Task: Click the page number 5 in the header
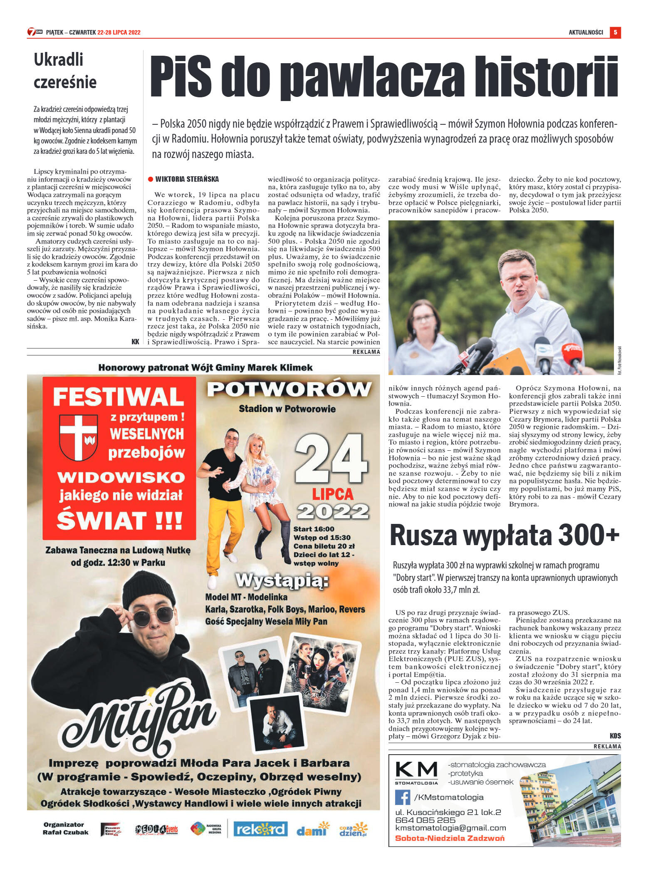click(x=615, y=32)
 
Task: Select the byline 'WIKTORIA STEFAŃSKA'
click(x=187, y=179)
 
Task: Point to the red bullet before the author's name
click(x=151, y=179)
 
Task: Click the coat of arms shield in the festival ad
click(x=78, y=437)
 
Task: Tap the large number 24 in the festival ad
click(x=331, y=459)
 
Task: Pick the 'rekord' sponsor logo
click(x=260, y=830)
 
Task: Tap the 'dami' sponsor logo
click(x=311, y=830)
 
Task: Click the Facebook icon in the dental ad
click(x=402, y=797)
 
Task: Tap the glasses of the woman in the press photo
click(x=423, y=319)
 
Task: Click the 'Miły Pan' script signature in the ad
click(x=141, y=716)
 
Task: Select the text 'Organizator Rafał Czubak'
click(x=65, y=828)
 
